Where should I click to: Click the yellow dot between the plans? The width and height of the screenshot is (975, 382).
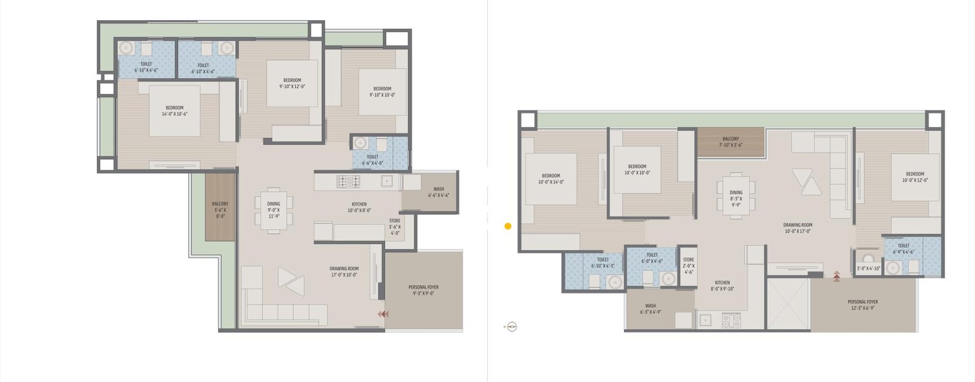tap(508, 226)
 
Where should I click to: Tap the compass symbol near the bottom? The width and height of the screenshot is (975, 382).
tap(511, 327)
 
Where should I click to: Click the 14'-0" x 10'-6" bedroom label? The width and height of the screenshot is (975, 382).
tap(174, 111)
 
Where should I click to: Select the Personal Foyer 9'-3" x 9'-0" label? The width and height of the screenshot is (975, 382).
tap(424, 290)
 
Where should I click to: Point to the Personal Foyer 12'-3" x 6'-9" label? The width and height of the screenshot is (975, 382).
tap(862, 305)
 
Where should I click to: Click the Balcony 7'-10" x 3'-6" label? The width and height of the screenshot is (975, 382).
tap(731, 142)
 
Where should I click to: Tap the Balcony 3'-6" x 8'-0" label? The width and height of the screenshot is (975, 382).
tap(220, 209)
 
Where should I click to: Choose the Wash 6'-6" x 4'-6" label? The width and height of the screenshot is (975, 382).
tap(438, 192)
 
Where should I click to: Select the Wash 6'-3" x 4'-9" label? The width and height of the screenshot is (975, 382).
tap(650, 309)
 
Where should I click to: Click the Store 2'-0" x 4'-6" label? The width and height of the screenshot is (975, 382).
tap(689, 265)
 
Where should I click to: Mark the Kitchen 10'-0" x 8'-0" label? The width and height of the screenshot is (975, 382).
tap(359, 207)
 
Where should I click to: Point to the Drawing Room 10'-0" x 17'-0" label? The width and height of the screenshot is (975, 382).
tap(797, 228)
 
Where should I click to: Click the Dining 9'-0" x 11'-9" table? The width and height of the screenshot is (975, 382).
tap(274, 210)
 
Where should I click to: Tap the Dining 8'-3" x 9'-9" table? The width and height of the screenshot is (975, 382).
tap(736, 196)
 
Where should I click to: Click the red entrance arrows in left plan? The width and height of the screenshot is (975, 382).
tap(383, 314)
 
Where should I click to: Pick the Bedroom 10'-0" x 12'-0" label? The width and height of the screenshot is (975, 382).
tap(914, 177)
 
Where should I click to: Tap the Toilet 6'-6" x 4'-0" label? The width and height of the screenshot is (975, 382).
tap(372, 160)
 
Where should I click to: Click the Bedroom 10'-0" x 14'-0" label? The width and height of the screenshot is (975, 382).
tap(551, 178)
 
